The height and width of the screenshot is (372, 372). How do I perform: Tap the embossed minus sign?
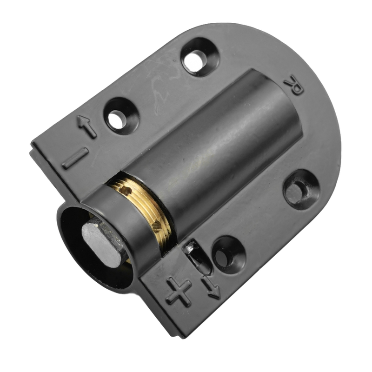[x=75, y=159]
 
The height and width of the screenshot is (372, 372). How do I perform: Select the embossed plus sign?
[x=179, y=292]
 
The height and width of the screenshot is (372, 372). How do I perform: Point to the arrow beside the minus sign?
[x=86, y=126]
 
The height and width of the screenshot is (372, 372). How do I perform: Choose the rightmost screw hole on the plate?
[x=299, y=190]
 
